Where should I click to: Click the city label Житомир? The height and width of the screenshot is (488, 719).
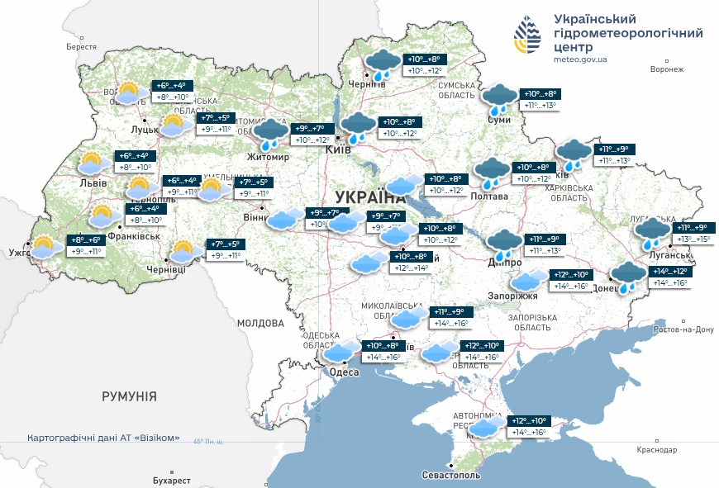tap(267, 157)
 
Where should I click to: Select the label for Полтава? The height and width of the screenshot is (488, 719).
tap(489, 197)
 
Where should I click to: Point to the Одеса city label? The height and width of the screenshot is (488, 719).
tap(344, 372)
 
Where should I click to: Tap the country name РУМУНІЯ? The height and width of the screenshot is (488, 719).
tap(129, 396)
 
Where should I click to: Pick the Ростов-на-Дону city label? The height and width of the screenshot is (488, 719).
tap(683, 329)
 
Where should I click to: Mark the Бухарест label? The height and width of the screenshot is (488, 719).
tap(172, 480)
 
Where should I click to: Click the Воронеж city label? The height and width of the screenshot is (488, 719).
tap(667, 69)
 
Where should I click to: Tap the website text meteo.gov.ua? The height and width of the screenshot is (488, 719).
tap(580, 59)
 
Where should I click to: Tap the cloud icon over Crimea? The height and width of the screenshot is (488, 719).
tap(486, 427)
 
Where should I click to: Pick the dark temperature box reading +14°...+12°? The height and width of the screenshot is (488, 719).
tap(670, 271)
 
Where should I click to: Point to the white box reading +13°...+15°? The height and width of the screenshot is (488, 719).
tap(693, 239)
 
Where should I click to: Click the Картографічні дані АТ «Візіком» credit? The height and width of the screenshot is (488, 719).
tap(102, 438)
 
